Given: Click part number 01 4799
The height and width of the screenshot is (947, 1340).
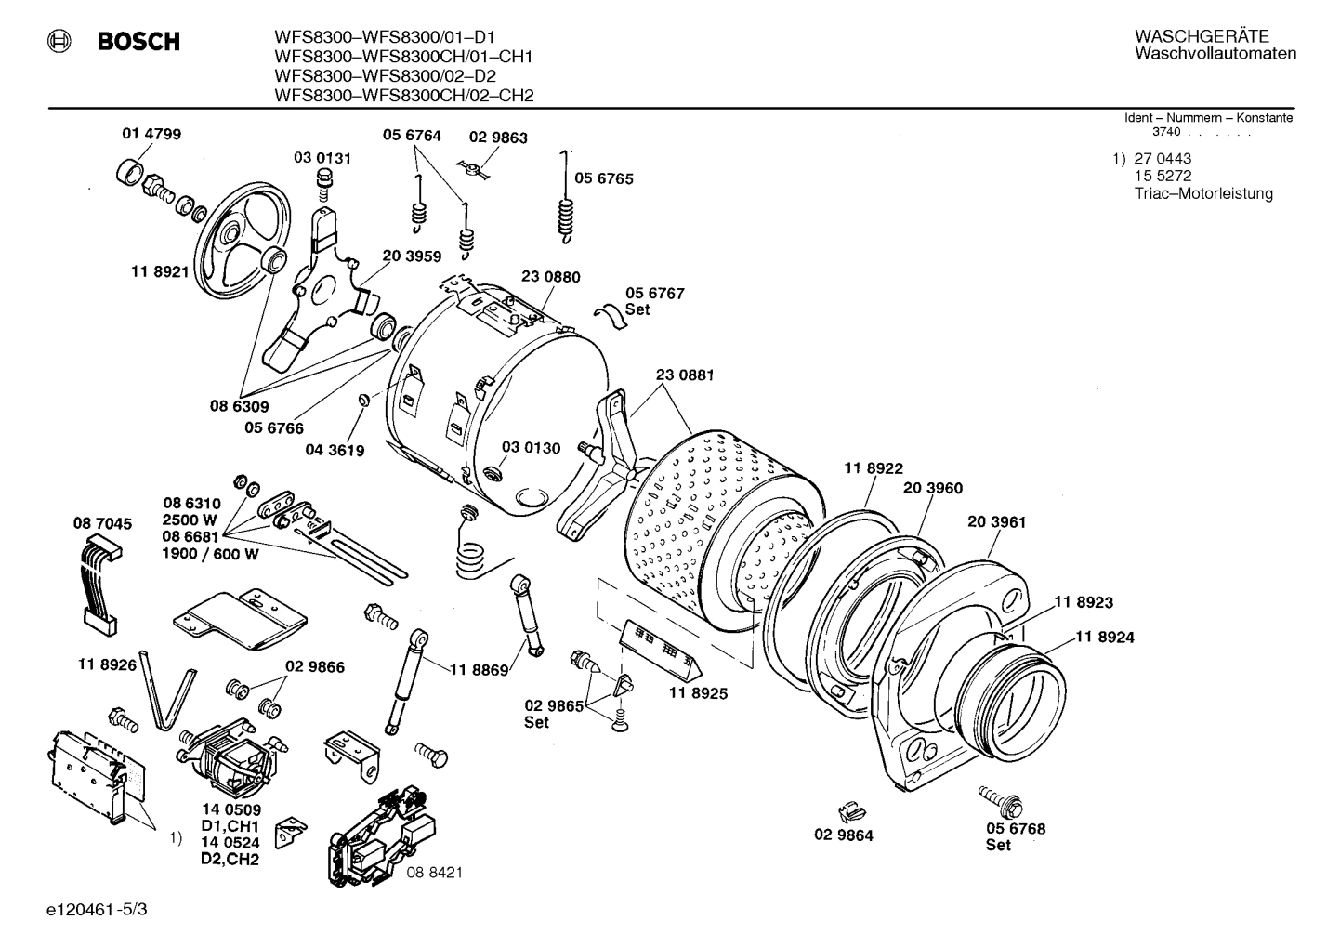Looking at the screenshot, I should tap(151, 134).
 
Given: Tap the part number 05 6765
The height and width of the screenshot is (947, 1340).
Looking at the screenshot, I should tap(603, 178).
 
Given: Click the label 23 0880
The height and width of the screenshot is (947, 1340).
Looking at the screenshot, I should tap(550, 277).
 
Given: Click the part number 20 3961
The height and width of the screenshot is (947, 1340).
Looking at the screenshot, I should tap(996, 522).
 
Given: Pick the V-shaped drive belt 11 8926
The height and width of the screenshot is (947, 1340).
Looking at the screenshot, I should tap(167, 697).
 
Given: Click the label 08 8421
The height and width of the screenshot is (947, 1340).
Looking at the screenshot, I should tap(434, 873).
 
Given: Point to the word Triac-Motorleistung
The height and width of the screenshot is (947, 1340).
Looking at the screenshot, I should tap(1202, 193).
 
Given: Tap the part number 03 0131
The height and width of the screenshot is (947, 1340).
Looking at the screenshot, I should tap(322, 158).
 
